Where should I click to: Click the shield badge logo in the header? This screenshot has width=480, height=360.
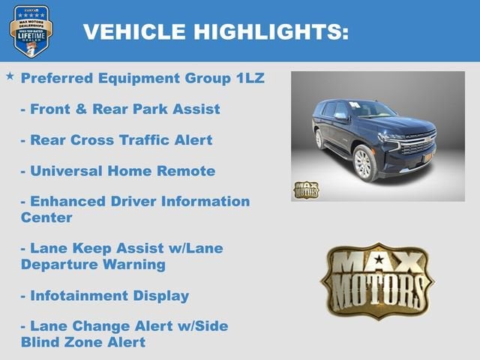pos(31,31)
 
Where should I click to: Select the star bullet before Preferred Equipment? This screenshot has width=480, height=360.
pos(10,76)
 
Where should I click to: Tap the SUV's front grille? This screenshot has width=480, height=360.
pos(417,144)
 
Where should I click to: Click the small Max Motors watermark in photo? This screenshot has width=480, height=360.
pos(305,190)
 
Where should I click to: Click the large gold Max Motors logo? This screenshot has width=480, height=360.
pos(376,280)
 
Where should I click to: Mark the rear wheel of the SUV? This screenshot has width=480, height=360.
pos(319,139)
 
